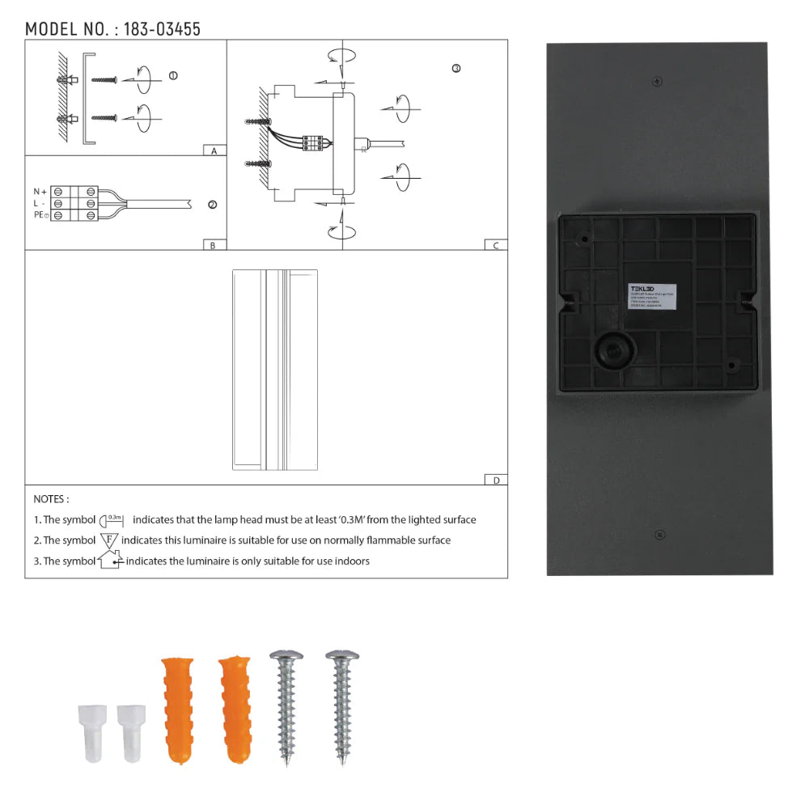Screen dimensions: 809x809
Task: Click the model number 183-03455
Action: pyautogui.click(x=163, y=29)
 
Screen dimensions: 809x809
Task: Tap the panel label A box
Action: pyautogui.click(x=214, y=150)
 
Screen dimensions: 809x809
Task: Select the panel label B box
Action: pyautogui.click(x=213, y=245)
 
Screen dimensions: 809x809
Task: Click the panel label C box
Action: pyautogui.click(x=496, y=245)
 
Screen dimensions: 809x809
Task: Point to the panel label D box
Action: pyautogui.click(x=496, y=480)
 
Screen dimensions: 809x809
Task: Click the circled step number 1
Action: pyautogui.click(x=172, y=76)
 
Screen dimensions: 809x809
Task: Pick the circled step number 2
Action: pyautogui.click(x=212, y=205)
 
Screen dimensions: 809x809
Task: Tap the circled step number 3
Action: pyautogui.click(x=456, y=69)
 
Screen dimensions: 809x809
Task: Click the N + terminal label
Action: pyautogui.click(x=40, y=191)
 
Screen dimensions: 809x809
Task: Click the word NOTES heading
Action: pyautogui.click(x=51, y=499)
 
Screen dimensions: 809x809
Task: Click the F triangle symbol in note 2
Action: pyautogui.click(x=109, y=540)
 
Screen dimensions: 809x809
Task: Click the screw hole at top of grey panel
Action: pyautogui.click(x=657, y=80)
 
